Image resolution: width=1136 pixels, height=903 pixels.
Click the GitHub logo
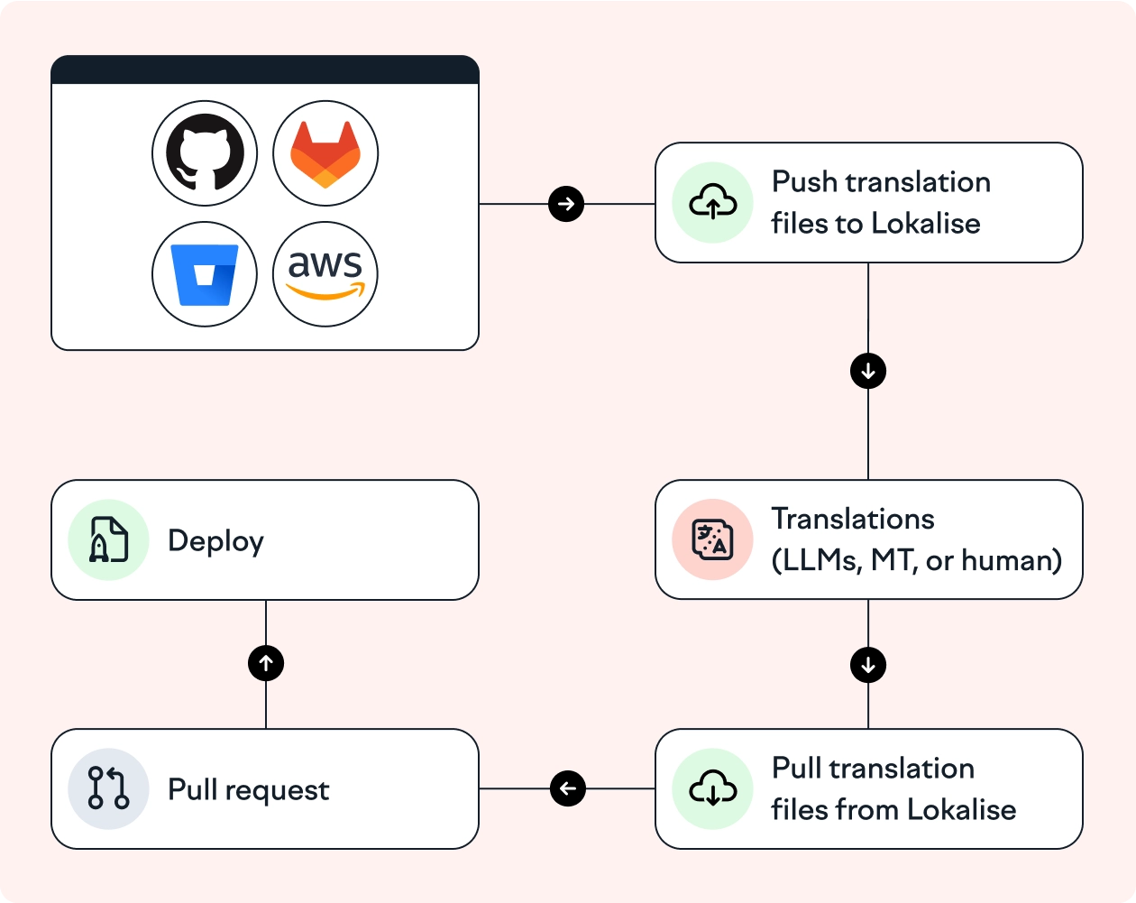coord(205,152)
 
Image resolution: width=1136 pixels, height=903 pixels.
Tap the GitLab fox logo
coord(325,152)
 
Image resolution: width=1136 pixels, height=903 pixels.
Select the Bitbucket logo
coord(205,274)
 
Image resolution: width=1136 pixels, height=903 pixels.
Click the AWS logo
coord(325,274)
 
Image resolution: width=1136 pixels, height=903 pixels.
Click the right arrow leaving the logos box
coord(566,204)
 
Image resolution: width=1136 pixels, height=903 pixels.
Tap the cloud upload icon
coord(712,203)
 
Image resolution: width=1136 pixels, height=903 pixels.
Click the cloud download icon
coord(712,789)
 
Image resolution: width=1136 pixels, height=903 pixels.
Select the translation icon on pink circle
coord(712,539)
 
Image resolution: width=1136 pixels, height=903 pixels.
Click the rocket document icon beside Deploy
coord(108,539)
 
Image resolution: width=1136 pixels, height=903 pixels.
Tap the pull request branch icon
coord(108,788)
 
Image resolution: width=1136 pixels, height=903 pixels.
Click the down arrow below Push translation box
coord(868,371)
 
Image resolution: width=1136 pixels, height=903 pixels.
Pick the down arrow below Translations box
coord(868,666)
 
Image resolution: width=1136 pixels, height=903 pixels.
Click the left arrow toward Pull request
coord(568,788)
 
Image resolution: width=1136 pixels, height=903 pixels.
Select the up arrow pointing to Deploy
coord(266,664)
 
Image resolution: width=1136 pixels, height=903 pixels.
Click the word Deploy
coord(215,541)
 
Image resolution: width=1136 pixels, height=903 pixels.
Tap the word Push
coord(805,182)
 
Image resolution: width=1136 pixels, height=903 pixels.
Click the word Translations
coord(853,520)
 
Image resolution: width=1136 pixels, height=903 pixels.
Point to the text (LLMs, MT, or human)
coord(916,561)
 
